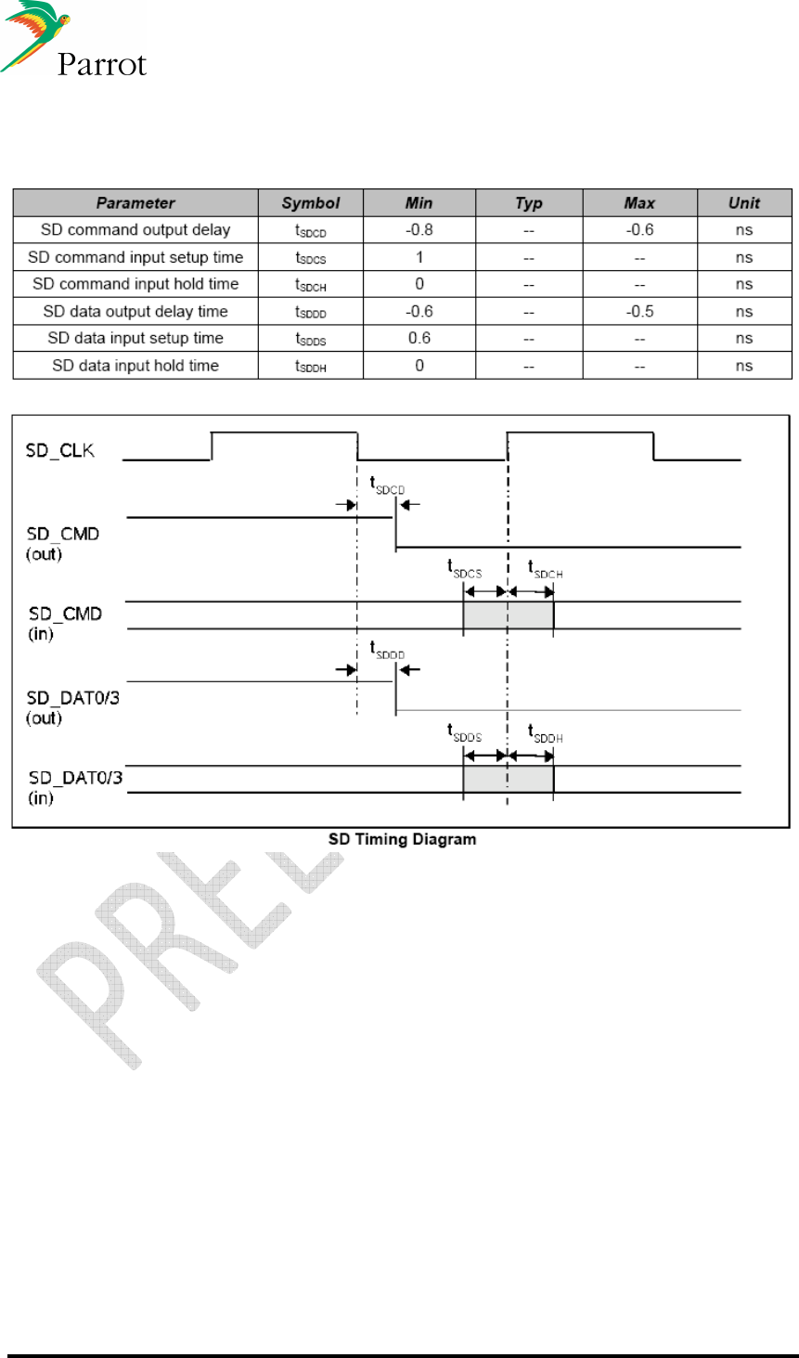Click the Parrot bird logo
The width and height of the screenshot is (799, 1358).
click(36, 35)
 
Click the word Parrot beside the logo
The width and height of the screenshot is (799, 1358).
click(102, 64)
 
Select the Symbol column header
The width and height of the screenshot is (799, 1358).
click(311, 203)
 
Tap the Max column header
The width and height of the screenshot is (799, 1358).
click(639, 203)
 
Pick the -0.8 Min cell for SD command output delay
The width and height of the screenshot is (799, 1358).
click(419, 230)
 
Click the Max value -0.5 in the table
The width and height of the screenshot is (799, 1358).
click(639, 312)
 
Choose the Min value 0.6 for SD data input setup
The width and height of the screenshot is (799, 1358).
click(419, 339)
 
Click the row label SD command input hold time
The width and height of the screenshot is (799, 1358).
click(135, 284)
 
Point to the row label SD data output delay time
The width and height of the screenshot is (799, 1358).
click(135, 312)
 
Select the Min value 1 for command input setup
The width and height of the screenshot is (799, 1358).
click(419, 257)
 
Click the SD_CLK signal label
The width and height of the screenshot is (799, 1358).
click(60, 451)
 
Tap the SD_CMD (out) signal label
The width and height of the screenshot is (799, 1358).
click(63, 544)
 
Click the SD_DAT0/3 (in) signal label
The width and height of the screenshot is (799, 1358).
click(75, 787)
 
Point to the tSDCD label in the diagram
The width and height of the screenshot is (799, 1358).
click(387, 485)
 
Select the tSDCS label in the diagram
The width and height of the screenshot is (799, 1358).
click(464, 568)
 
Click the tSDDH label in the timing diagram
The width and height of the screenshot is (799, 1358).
click(546, 733)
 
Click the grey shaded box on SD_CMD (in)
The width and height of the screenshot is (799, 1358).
click(508, 615)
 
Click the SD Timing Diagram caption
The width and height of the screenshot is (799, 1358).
click(402, 839)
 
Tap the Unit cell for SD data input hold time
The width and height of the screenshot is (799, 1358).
click(744, 366)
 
